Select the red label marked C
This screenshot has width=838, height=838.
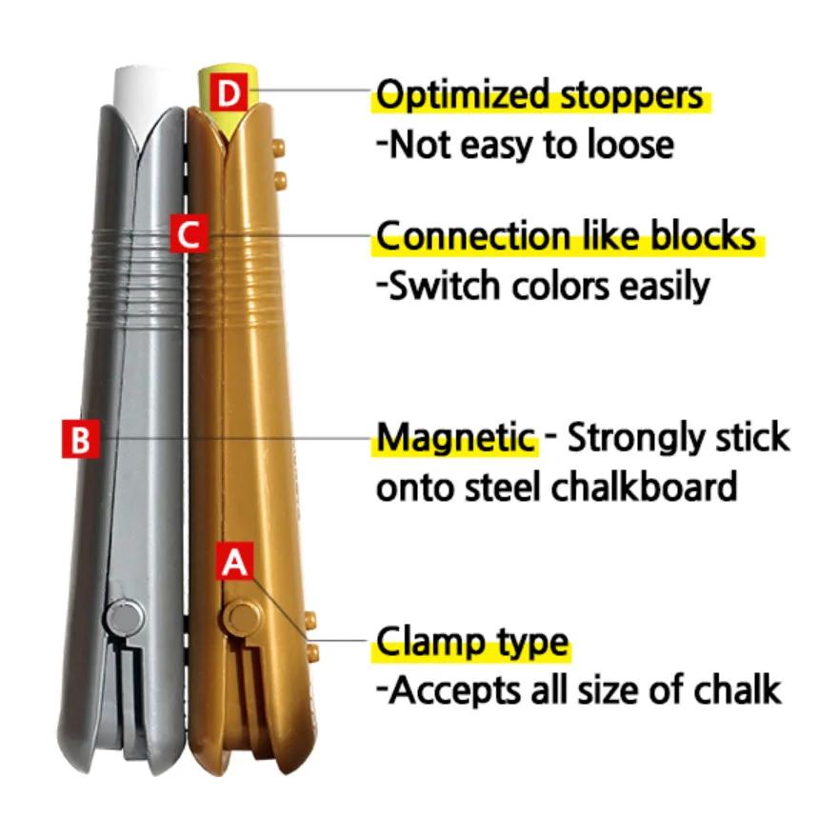pos(189,234)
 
